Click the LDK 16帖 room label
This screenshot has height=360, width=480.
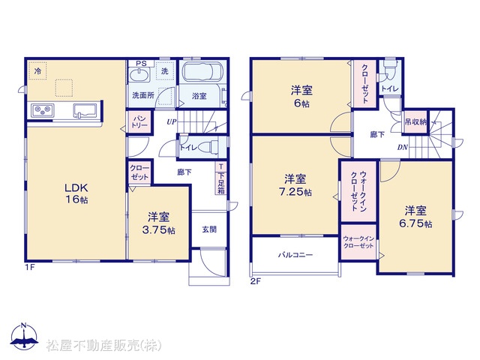[76, 193]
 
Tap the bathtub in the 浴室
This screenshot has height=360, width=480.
[202, 72]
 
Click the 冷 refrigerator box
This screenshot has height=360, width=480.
[37, 71]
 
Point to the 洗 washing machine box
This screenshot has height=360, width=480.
[165, 70]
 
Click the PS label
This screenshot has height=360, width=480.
[141, 63]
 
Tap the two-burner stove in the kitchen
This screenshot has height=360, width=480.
[43, 110]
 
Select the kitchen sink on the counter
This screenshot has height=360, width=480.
[85, 111]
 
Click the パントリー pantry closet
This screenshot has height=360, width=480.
[139, 122]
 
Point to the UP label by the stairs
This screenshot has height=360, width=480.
[172, 121]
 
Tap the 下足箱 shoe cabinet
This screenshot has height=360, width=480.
[221, 179]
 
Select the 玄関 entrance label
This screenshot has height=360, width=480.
[209, 229]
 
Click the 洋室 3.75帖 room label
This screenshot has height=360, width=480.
[158, 223]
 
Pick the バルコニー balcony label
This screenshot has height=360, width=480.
[295, 255]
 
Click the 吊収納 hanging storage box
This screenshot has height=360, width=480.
[415, 121]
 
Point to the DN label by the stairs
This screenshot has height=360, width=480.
[402, 147]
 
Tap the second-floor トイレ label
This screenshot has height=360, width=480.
[390, 88]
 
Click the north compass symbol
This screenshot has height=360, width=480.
[24, 336]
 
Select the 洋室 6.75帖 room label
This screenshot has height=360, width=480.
[415, 217]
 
